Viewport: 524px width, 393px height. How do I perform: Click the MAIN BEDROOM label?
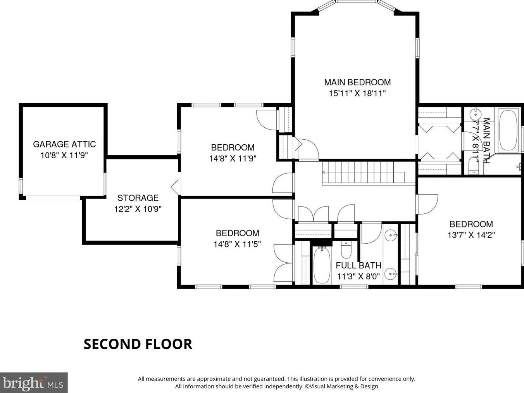[x=357, y=82]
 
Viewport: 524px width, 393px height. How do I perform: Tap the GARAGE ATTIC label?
[x=64, y=144]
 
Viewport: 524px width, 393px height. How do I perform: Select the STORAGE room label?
[x=138, y=198]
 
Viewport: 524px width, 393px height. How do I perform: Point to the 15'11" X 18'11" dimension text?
[x=357, y=93]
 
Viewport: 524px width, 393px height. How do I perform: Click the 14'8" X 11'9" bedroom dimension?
[x=233, y=158]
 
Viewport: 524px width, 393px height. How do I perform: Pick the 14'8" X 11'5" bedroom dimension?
[x=237, y=244]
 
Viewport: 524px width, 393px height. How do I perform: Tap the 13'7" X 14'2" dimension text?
[x=471, y=235]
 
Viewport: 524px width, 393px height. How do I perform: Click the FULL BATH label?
[x=359, y=265]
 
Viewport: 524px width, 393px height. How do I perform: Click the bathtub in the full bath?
[x=322, y=265]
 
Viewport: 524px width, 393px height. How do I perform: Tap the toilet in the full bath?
[x=346, y=249]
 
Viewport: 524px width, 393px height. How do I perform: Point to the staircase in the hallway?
[x=363, y=172]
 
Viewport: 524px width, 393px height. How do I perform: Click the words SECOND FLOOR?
[x=138, y=344]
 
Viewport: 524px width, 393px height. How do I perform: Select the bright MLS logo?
[x=33, y=383]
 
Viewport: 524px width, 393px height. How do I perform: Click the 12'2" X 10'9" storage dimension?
[x=138, y=209]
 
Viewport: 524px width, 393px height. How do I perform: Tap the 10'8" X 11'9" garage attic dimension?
[x=64, y=156]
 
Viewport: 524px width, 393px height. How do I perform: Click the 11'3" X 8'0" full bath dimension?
[x=359, y=276]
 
